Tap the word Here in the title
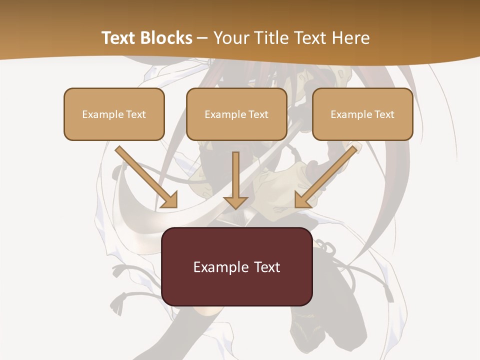pos(351,38)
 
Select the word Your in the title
pos(229,38)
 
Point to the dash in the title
pos(202,38)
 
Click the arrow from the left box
pos(145,175)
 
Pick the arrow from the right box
pos(327,175)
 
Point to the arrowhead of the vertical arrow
pos(235,202)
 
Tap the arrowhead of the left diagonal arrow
pos(170,200)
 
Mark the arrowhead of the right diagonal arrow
pos(301,200)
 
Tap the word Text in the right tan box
pos(383,114)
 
